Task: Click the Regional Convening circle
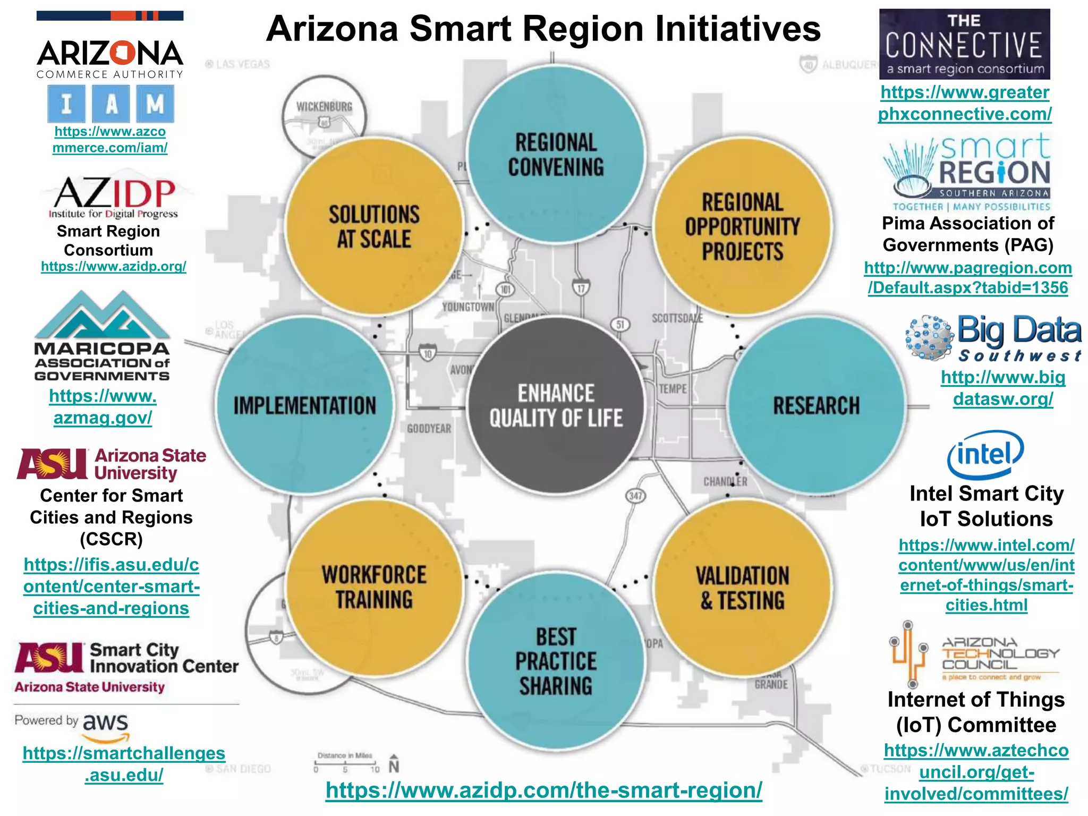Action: pyautogui.click(x=556, y=155)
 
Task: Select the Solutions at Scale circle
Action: pyautogui.click(x=374, y=227)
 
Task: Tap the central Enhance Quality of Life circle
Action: pyautogui.click(x=556, y=405)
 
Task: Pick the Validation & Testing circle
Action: pyautogui.click(x=742, y=588)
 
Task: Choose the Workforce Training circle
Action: pyautogui.click(x=374, y=588)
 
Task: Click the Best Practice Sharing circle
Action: pyautogui.click(x=556, y=661)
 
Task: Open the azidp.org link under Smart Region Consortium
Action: pyautogui.click(x=114, y=266)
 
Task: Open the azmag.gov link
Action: pyautogui.click(x=103, y=407)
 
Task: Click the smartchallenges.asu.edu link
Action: pyautogui.click(x=124, y=764)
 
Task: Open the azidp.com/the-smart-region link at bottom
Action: pyautogui.click(x=543, y=790)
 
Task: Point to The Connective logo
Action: pyautogui.click(x=964, y=44)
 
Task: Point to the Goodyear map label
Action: pyautogui.click(x=429, y=429)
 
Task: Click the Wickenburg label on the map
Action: pyautogui.click(x=324, y=107)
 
